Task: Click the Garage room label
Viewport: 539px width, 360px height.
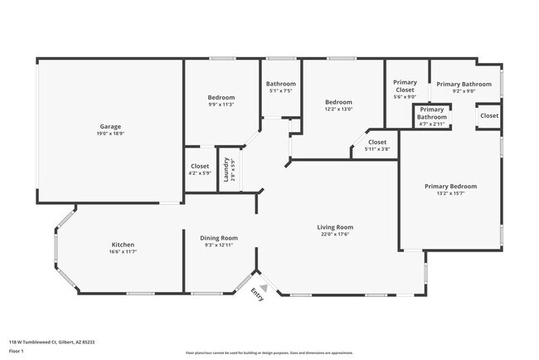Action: click(x=110, y=127)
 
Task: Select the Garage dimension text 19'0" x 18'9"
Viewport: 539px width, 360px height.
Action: click(x=110, y=134)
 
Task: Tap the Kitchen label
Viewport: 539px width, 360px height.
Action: click(x=123, y=245)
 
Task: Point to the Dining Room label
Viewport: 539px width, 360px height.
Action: click(x=219, y=238)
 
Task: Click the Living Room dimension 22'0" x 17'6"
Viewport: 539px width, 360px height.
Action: click(x=335, y=234)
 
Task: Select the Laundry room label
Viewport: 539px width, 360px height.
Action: click(x=225, y=170)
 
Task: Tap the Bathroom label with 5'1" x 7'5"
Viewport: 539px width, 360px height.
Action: click(x=281, y=84)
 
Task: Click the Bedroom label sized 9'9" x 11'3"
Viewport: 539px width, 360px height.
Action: click(x=221, y=97)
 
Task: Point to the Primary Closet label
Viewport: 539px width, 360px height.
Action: click(x=405, y=86)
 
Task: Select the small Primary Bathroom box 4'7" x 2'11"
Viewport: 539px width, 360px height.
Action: click(x=431, y=114)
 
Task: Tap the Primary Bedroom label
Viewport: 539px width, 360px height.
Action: click(x=450, y=187)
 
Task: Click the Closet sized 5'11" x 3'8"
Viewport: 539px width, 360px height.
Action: click(x=377, y=143)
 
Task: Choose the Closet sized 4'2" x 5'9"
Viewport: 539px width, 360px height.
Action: click(x=200, y=166)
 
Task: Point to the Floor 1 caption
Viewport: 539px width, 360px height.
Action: click(x=17, y=351)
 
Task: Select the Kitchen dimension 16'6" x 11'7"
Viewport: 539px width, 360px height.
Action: click(x=123, y=252)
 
